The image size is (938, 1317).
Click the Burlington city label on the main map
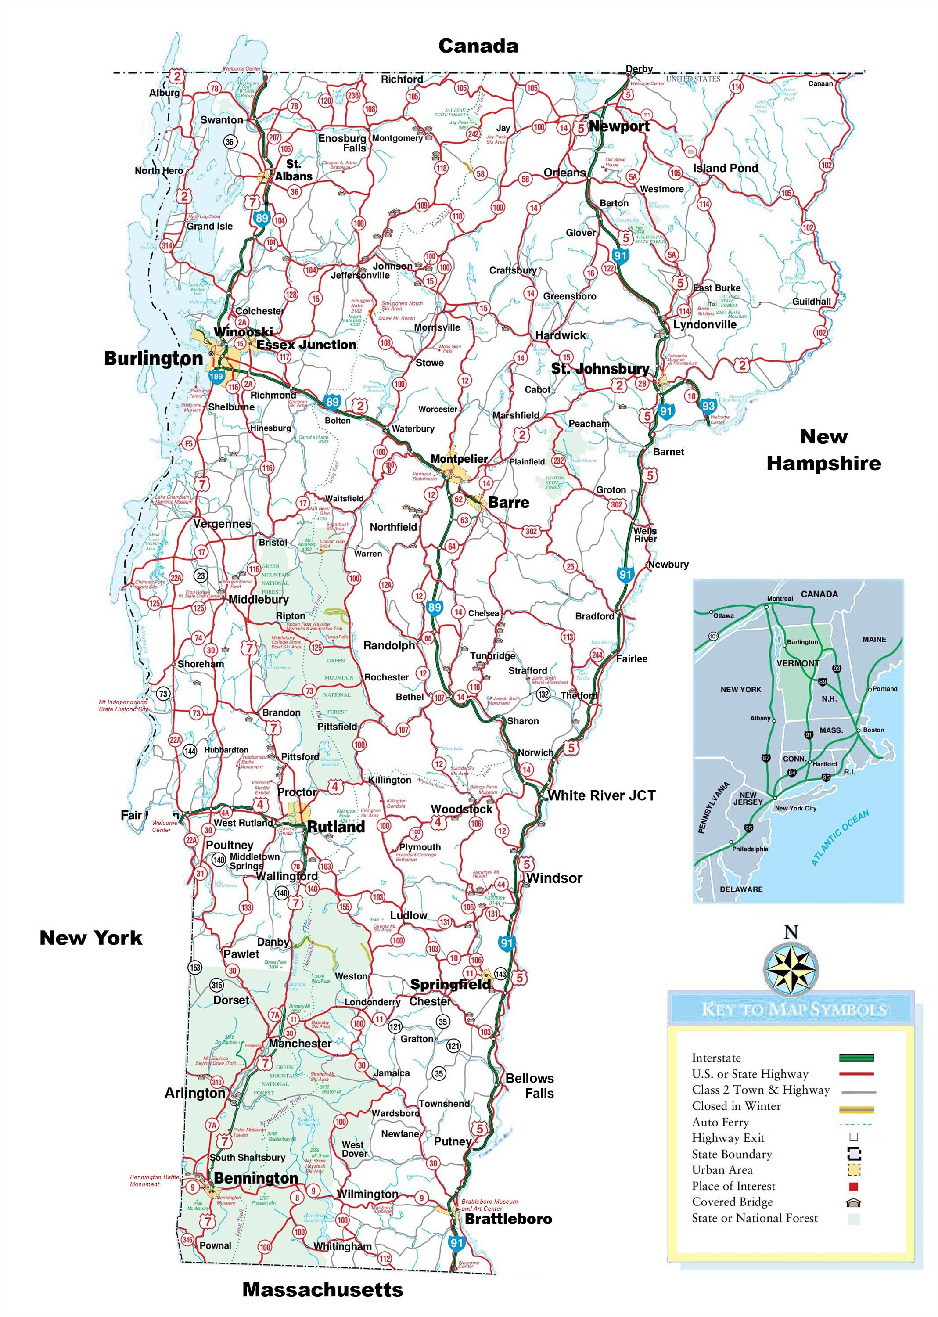[x=153, y=358]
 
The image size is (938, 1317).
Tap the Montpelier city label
[x=459, y=459]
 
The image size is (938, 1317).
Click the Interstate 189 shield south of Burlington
[x=216, y=377]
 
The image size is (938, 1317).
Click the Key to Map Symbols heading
[x=793, y=1010]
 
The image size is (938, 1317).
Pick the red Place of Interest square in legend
[x=854, y=1187]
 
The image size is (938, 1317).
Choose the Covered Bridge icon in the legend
[x=854, y=1202]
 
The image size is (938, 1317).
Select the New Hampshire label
[x=823, y=450]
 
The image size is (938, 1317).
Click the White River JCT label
[x=601, y=795]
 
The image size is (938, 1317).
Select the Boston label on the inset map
[x=873, y=730]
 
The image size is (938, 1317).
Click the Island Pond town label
[x=726, y=168]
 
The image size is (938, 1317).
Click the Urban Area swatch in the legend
[x=854, y=1170]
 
